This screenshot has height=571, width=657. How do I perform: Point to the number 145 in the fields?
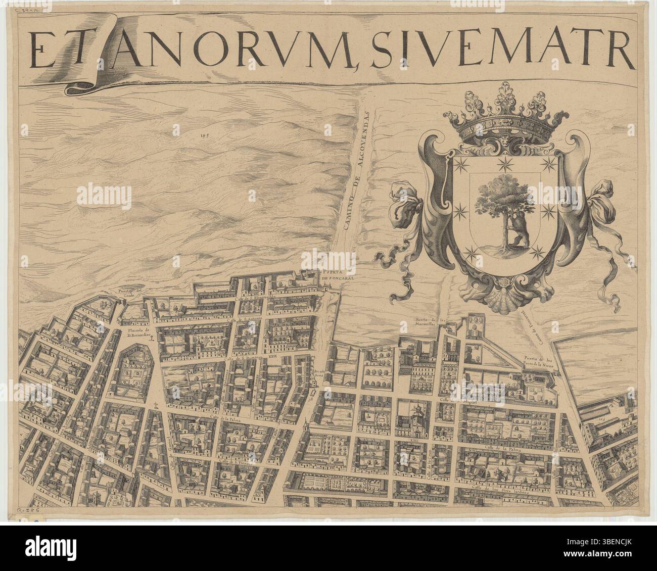point(204,135)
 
